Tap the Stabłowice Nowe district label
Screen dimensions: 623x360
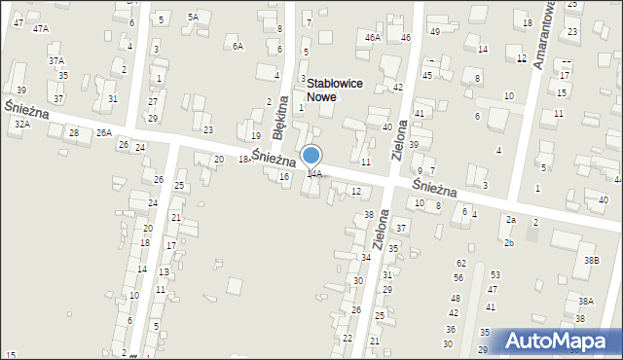[x=335, y=90]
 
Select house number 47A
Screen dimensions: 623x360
[x=40, y=29]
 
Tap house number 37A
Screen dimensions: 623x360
[x=56, y=60]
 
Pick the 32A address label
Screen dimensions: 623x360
[x=22, y=125]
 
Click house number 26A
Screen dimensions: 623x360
[x=104, y=132]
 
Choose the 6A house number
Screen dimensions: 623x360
[x=238, y=46]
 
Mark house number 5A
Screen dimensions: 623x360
[x=193, y=17]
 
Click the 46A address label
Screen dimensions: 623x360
[x=372, y=37]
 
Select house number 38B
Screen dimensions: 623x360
[x=591, y=260]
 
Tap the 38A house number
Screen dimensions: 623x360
[x=585, y=302]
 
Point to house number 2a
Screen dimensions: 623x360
[x=510, y=220]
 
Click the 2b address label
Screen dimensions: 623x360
[x=508, y=242]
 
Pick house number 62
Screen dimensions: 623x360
[x=460, y=264]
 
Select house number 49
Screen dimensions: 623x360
[x=435, y=32]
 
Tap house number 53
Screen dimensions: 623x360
[x=495, y=275]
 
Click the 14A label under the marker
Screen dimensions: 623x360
[x=314, y=174]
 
